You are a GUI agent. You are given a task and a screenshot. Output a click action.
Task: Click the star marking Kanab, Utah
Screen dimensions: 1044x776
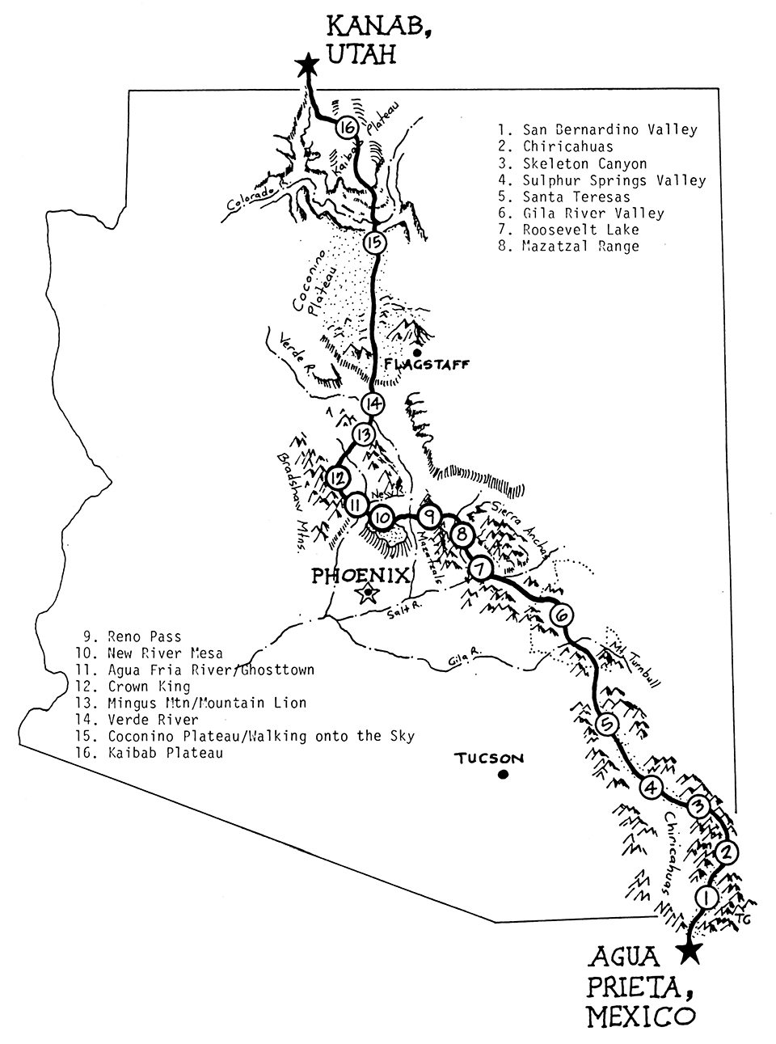point(306,66)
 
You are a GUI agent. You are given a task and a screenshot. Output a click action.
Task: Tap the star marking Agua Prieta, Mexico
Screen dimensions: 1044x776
point(689,951)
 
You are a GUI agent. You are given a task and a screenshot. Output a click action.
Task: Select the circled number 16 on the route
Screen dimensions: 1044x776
point(347,128)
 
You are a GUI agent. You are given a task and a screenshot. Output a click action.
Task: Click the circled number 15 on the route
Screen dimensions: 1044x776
point(374,242)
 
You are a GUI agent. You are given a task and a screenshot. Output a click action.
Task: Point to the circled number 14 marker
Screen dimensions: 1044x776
point(373,403)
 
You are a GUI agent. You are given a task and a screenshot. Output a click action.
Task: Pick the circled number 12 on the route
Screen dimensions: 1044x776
point(338,477)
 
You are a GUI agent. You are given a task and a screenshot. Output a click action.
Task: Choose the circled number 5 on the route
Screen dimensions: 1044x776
point(605,724)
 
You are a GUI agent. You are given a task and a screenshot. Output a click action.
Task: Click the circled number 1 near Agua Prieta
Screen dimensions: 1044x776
point(706,898)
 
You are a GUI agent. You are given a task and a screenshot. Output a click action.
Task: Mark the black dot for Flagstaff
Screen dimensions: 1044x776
point(416,353)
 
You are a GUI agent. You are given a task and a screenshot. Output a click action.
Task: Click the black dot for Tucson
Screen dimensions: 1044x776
point(503,775)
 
